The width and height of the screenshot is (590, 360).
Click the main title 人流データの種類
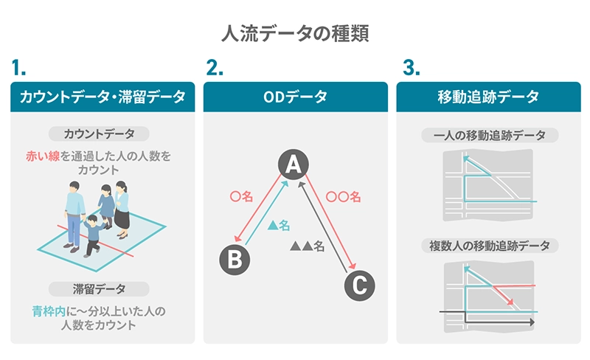click(x=295, y=33)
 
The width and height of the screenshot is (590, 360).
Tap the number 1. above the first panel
click(x=20, y=69)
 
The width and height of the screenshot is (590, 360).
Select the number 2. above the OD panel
click(x=214, y=69)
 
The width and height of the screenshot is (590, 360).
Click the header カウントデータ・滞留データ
click(x=103, y=97)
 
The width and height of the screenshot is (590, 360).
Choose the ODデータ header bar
click(x=295, y=97)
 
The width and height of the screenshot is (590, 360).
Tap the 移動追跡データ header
click(x=488, y=97)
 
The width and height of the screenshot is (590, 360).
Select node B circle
click(x=235, y=259)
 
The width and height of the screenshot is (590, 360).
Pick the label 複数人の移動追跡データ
click(x=488, y=245)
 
